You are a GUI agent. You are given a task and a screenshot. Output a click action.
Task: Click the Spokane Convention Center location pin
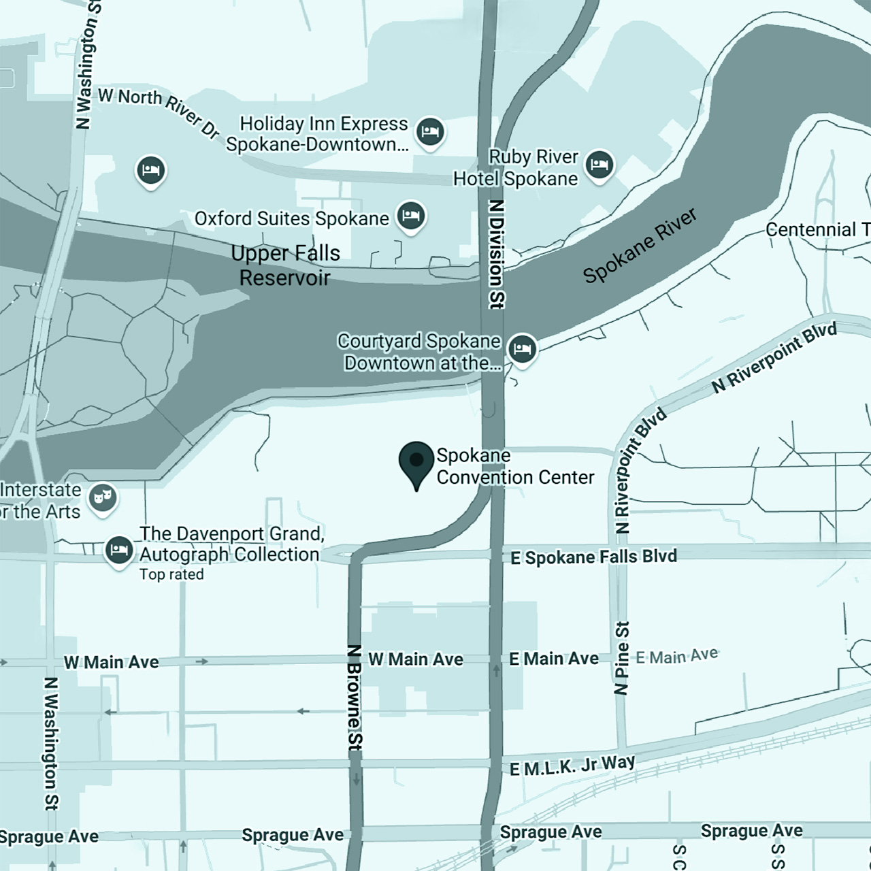(x=416, y=461)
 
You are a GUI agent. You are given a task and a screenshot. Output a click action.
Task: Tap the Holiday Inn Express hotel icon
(x=429, y=131)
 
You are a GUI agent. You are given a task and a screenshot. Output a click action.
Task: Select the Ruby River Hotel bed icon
(x=599, y=164)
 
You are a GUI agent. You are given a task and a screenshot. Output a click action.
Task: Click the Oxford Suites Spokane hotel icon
(x=410, y=216)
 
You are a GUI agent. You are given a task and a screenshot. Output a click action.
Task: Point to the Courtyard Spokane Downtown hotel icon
(x=522, y=348)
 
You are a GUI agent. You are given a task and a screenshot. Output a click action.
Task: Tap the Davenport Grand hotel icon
(x=118, y=550)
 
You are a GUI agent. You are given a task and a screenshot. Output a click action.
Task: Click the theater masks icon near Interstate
(x=103, y=498)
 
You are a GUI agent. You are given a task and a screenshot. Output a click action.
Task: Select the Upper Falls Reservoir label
(x=285, y=265)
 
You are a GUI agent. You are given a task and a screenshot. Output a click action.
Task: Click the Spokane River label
(x=640, y=245)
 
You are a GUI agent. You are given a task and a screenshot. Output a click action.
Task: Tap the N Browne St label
(x=355, y=697)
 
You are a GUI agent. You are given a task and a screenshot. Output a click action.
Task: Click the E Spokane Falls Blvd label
(x=593, y=557)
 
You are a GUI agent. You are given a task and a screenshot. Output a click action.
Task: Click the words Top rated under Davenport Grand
(x=171, y=574)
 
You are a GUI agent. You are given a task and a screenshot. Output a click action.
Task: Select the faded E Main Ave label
(x=677, y=656)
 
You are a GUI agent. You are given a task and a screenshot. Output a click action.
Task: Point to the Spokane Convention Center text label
(x=514, y=467)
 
